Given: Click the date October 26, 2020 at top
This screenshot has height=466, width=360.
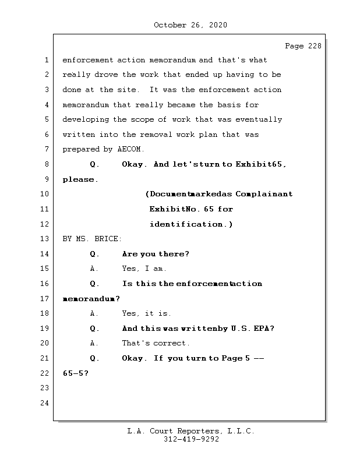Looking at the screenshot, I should coord(190,25).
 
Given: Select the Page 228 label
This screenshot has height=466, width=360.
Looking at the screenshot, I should coord(303,46).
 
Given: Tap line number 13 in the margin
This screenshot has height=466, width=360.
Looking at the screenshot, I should coord(45,239).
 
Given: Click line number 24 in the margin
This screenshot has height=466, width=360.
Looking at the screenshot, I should coord(45,403).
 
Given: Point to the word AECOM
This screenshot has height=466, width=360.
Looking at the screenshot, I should coord(131,150).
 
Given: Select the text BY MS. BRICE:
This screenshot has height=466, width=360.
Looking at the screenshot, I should coord(92,239).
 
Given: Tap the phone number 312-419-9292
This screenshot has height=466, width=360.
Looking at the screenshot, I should coord(191,440).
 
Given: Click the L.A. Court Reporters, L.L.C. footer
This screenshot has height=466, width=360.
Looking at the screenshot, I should coord(191,431).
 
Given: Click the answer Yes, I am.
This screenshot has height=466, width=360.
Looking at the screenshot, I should coord(144,269).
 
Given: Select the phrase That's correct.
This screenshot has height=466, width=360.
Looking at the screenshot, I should coord(156,344).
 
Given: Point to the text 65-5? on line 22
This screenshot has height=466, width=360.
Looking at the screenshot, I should coord(75,373).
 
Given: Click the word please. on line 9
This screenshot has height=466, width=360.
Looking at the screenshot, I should coord(80,179).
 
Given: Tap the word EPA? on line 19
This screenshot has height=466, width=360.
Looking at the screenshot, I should coord(264,329).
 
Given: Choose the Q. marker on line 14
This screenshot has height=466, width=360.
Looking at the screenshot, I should coord(95,254).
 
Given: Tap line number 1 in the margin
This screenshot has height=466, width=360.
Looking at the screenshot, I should coord(45,60).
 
